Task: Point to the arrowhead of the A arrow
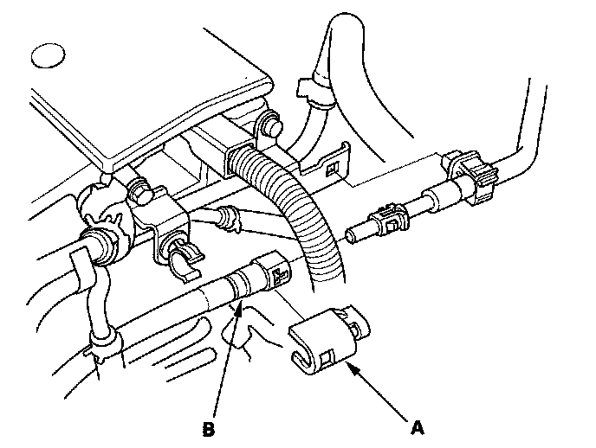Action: pos(349,366)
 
